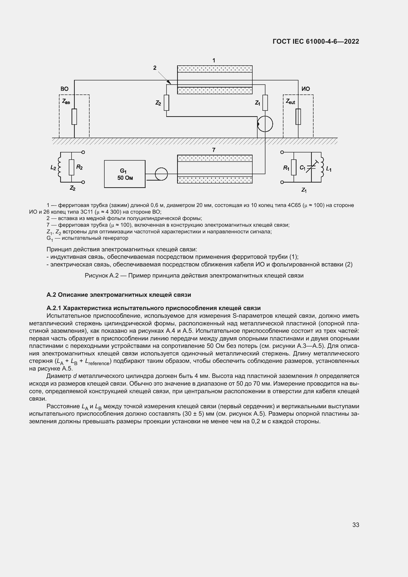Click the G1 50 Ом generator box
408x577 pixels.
[125, 174]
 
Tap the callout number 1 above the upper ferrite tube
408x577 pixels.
[214, 60]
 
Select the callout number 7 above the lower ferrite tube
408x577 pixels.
[214, 150]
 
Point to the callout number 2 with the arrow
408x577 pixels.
[155, 68]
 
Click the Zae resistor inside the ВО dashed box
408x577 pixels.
[74, 117]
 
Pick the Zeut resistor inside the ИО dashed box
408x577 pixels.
[298, 117]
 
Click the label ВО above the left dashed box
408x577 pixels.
[64, 89]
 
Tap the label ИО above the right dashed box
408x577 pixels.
[305, 89]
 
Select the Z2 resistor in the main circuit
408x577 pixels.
[166, 103]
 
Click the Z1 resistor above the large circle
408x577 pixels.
[265, 103]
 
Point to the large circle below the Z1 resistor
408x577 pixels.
[265, 124]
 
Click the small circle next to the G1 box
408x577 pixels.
[161, 174]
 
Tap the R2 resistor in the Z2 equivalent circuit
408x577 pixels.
[72, 167]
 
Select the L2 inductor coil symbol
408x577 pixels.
[60, 167]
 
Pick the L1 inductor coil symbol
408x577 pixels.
[322, 167]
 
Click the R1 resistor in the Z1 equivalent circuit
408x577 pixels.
[294, 167]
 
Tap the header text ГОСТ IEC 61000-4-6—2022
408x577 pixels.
[316, 41]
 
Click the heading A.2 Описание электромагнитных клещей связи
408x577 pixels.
[119, 295]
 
